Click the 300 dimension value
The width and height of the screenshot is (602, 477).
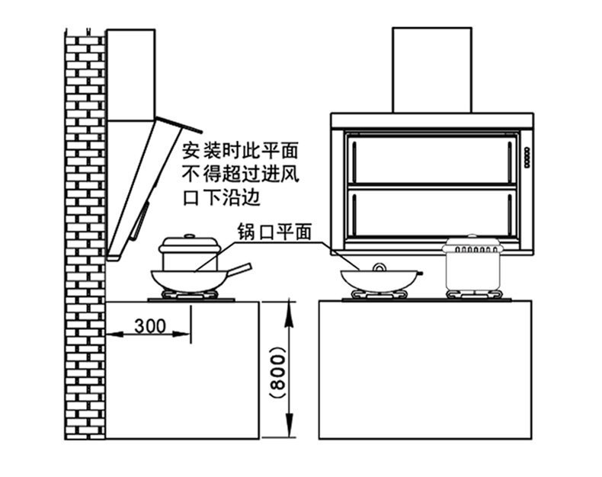click(150, 325)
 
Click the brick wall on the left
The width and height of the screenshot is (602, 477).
click(84, 229)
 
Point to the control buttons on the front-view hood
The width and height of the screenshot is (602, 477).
click(526, 153)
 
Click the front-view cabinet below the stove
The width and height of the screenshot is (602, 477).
click(424, 370)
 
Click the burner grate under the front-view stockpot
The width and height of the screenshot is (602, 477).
click(473, 294)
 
